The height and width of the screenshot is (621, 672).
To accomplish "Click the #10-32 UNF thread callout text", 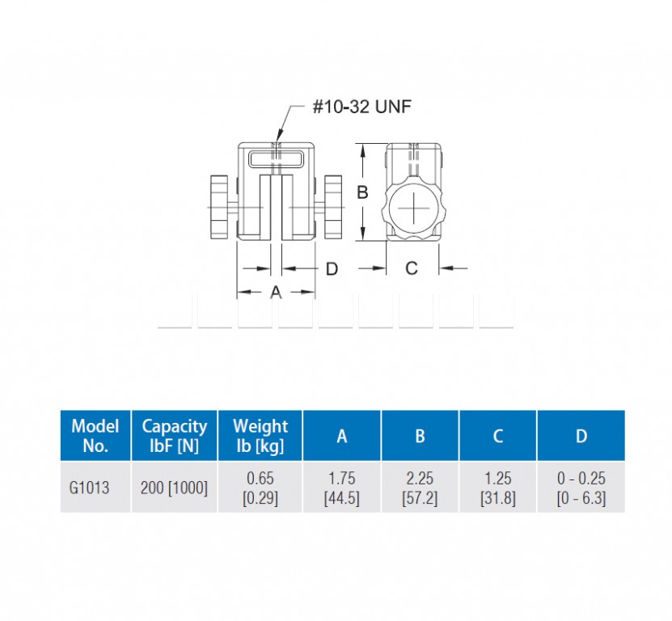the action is [x=362, y=107].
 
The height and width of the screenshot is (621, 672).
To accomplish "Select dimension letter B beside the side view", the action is [x=362, y=192].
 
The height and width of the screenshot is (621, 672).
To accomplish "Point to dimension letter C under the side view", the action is [x=412, y=268].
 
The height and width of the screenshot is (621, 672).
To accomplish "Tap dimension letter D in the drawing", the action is [x=332, y=269].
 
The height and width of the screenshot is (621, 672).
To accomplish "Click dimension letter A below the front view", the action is [x=276, y=292].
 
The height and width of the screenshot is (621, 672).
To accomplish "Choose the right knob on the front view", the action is [x=333, y=207].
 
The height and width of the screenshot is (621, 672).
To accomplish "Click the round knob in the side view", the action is [x=413, y=209].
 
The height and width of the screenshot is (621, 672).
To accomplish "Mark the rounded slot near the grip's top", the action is [x=276, y=160].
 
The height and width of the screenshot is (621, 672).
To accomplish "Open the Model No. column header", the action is [x=95, y=436].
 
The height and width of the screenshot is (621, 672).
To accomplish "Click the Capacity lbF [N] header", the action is [x=175, y=436].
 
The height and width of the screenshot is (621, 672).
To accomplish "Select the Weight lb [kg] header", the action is [x=260, y=436].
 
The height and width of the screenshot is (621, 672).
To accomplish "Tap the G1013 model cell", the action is [x=89, y=488].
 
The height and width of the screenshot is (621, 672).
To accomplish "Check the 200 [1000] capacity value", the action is [x=174, y=488].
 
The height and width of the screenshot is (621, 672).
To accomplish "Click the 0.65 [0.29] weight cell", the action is [x=260, y=488].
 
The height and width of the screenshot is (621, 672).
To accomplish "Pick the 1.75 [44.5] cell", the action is [x=341, y=488].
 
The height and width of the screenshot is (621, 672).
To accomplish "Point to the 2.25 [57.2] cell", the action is [x=420, y=488].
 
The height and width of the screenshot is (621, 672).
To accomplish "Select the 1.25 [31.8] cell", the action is [x=497, y=488].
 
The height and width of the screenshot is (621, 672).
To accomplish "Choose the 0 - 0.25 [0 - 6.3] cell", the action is [x=581, y=488].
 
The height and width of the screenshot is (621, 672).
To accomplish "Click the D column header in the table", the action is [x=581, y=436].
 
